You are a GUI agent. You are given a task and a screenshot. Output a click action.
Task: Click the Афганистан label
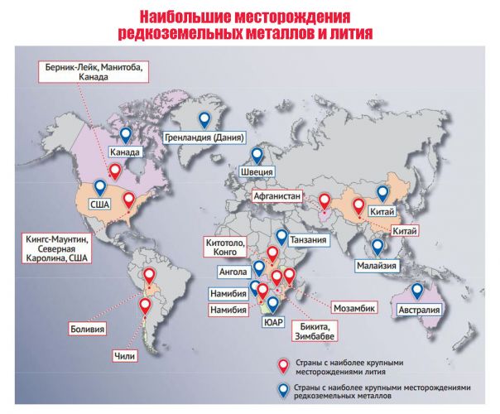(281, 197)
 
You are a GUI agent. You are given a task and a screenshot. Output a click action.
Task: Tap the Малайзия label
(377, 266)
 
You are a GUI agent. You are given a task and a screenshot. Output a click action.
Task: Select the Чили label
(123, 358)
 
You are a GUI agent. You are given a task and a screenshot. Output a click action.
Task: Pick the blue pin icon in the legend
(284, 390)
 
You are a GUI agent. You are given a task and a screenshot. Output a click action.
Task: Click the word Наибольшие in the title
(184, 17)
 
